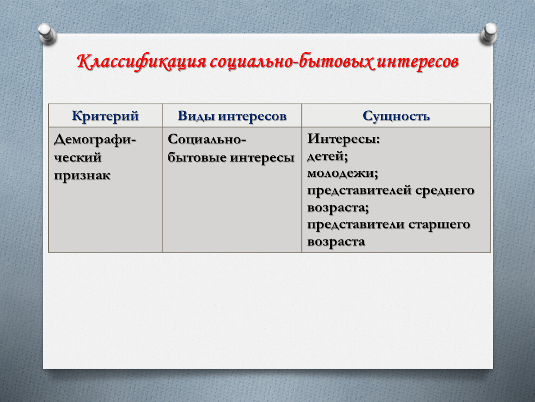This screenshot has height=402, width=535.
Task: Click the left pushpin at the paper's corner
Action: coord(47,34)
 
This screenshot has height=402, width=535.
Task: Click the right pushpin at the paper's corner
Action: coord(488,34)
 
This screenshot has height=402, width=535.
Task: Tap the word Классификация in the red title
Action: coord(141,62)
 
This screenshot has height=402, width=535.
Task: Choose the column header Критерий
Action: coord(105,116)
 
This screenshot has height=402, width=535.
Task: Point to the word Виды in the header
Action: coord(196,116)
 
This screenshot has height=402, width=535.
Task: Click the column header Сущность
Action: coord(396,116)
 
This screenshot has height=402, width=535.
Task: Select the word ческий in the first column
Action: coord(78,157)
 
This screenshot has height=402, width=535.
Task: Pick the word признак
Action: coord(82,175)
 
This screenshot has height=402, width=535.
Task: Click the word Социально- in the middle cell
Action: coord(207,139)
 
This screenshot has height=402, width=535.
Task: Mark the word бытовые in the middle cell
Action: coord(197,157)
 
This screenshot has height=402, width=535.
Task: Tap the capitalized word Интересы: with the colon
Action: coord(344,139)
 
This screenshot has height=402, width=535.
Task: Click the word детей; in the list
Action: coord(328,156)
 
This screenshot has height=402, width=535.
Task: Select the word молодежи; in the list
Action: coord(343,174)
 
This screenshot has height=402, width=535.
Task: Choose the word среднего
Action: coord(445,190)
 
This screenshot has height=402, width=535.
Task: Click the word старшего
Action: coord(439,225)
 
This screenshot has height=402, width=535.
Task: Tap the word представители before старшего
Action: coord(356,225)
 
